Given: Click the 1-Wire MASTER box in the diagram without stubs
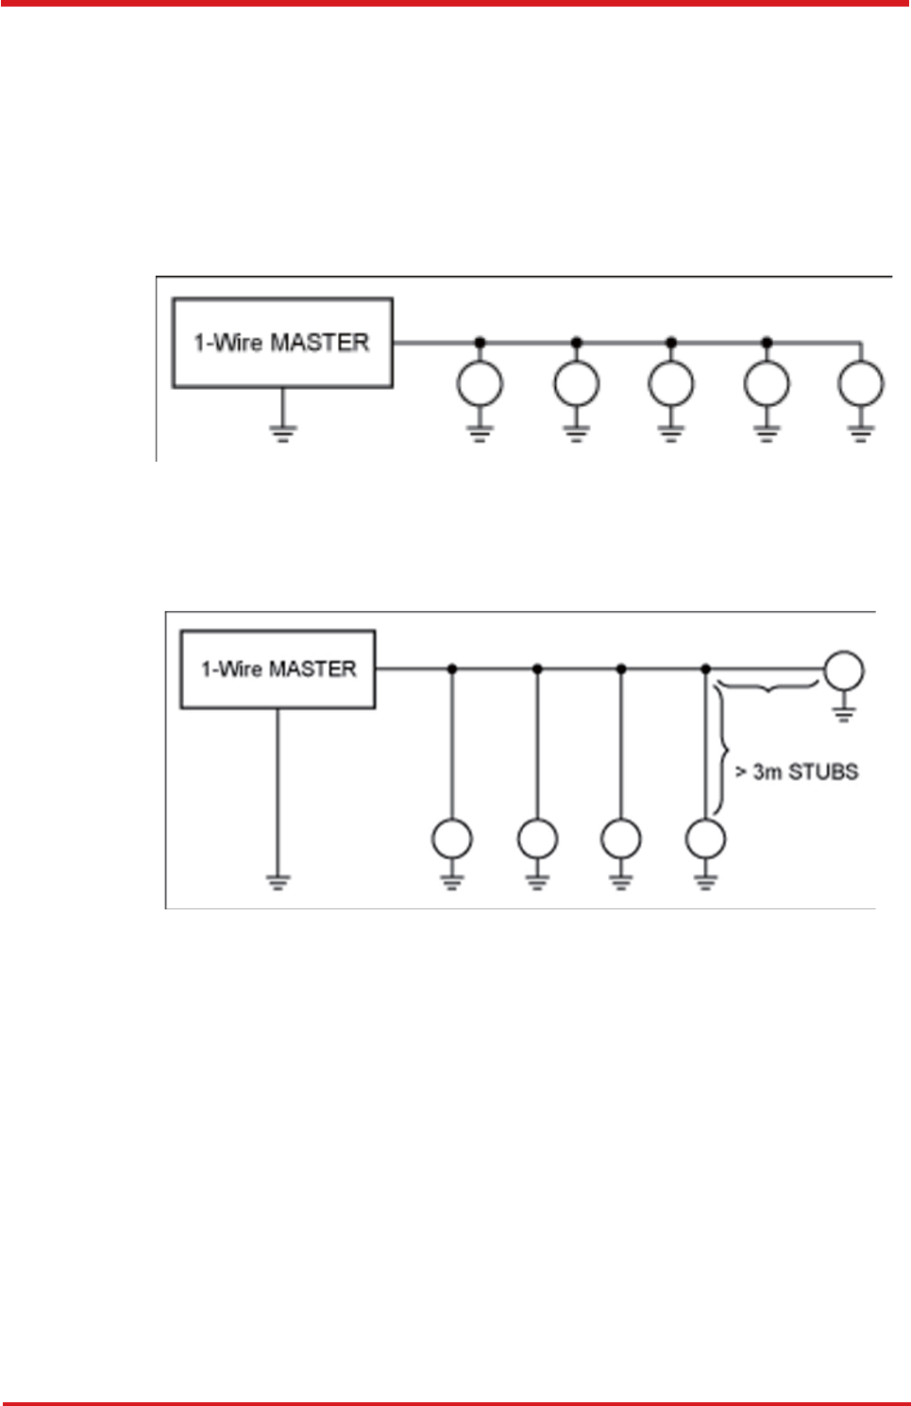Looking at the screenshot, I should click(x=282, y=343).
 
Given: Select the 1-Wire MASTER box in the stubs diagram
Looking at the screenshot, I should click(x=278, y=669).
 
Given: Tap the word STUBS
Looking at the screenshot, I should click(x=823, y=772).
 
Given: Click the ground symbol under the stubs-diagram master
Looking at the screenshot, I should click(x=278, y=882).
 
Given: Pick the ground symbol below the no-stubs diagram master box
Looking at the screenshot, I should click(x=282, y=432).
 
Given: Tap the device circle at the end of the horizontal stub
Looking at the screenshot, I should click(x=843, y=670).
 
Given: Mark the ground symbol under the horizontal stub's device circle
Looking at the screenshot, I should click(x=843, y=713).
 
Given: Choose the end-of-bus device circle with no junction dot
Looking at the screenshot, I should click(x=861, y=384).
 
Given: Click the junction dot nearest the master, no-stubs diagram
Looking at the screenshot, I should click(x=480, y=342).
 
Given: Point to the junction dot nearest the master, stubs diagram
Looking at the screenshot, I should click(x=452, y=669).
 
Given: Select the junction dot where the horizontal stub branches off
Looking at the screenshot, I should click(x=706, y=669).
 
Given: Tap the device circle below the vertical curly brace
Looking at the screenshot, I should click(x=706, y=839).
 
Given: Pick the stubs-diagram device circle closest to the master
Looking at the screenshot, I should click(x=452, y=839).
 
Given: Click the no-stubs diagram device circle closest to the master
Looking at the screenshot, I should click(x=480, y=384).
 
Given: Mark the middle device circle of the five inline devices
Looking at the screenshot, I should click(x=671, y=384).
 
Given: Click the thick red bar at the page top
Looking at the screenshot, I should click(x=455, y=4).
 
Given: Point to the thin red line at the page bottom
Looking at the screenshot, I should click(x=455, y=1403).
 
